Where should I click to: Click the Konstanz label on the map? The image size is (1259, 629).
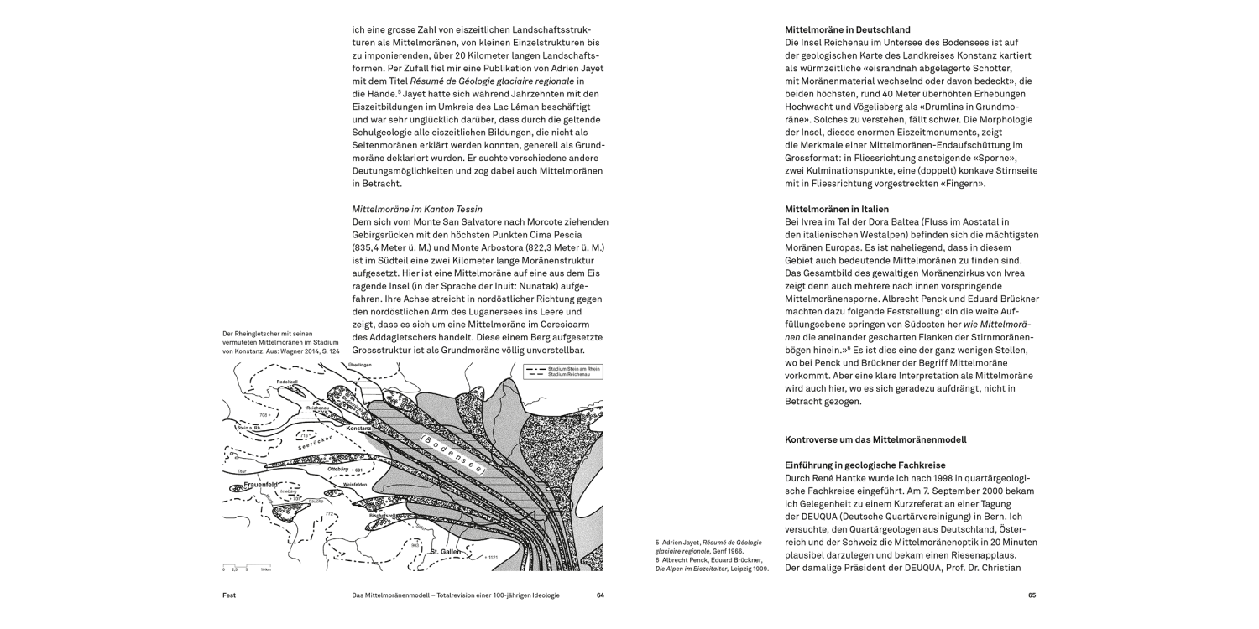pyautogui.click(x=335, y=429)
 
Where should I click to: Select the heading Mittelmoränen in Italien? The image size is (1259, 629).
pyautogui.click(x=837, y=208)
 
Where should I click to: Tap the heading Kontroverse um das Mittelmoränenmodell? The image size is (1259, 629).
pyautogui.click(x=875, y=439)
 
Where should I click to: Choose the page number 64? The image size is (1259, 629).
pyautogui.click(x=600, y=595)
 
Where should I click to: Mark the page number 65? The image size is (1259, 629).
pyautogui.click(x=1032, y=595)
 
